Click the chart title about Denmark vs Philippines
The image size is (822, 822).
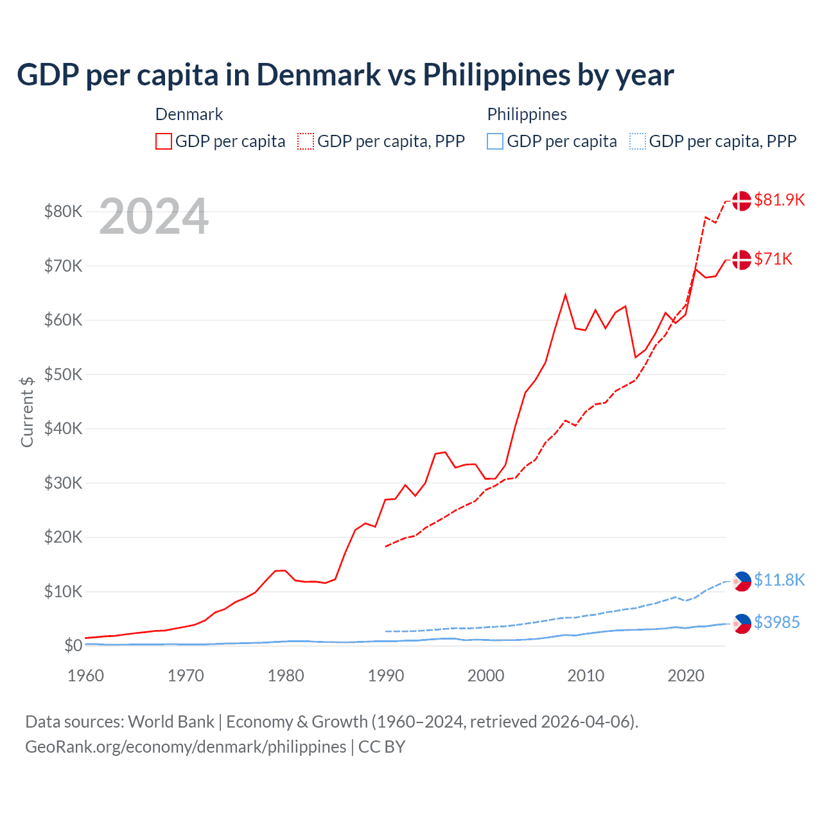coord(345,75)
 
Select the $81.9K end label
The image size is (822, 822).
coord(779,200)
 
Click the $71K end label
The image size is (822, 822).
coord(773,259)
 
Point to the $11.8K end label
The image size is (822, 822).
coord(779,580)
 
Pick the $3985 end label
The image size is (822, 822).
coord(776,622)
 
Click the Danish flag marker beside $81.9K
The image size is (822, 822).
coord(742,200)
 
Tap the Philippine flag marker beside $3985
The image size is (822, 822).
coord(742,623)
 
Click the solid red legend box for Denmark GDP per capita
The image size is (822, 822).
coord(164,141)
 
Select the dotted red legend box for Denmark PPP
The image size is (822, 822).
coord(306,141)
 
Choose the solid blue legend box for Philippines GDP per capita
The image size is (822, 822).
coord(495,141)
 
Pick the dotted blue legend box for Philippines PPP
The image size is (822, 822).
coord(638,141)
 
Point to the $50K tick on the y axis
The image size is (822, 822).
coord(63,374)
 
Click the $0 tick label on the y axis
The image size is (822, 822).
coord(73,646)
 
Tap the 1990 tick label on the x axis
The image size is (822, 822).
coord(386,676)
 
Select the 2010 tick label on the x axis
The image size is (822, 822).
coord(586,676)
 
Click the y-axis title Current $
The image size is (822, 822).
coord(27,412)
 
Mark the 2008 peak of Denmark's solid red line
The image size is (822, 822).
coord(565,295)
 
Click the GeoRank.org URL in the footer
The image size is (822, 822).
coord(186,747)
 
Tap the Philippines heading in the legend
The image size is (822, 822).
coord(527,114)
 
